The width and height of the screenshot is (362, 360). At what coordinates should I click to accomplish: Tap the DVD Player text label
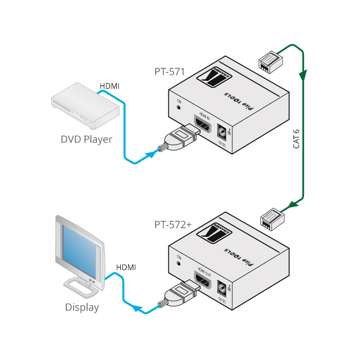click(86, 139)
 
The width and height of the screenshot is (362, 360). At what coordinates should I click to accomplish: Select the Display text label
click(82, 307)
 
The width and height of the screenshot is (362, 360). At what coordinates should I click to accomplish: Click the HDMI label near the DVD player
click(110, 86)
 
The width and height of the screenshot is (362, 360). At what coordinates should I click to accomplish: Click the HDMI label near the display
click(126, 267)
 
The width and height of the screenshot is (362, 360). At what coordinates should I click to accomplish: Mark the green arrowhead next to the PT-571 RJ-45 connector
click(303, 75)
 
